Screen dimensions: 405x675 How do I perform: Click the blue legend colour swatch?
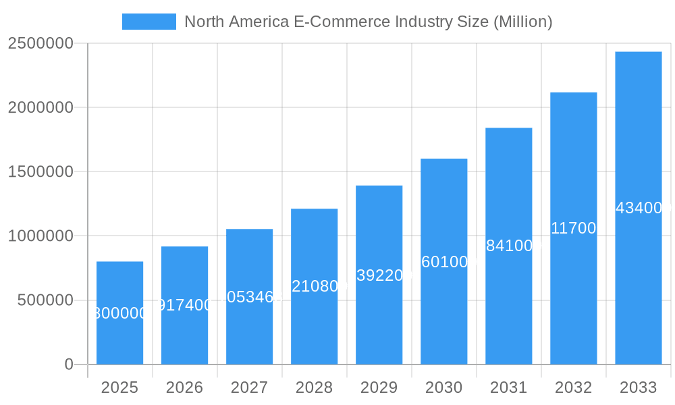coord(148,22)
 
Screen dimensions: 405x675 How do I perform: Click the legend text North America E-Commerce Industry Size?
coord(368,22)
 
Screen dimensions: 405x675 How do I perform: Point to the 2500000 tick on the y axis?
coord(40,43)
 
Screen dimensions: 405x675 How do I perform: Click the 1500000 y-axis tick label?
coord(40,171)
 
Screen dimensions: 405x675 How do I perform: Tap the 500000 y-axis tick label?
coord(45,300)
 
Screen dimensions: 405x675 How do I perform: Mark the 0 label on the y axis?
coord(68,364)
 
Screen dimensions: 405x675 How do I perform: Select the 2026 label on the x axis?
coord(184,387)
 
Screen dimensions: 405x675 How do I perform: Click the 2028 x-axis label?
coord(314,387)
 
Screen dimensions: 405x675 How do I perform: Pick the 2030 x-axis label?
coord(443,387)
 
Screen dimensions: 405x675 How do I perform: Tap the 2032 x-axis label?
coord(573,387)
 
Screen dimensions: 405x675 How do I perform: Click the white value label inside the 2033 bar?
coord(639,208)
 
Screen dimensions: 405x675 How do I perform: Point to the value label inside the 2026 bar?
coord(184,305)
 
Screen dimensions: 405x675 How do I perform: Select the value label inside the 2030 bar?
coord(443,262)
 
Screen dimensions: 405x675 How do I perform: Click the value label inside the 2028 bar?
coord(315,286)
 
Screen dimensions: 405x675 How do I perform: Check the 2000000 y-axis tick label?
coord(40,107)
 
